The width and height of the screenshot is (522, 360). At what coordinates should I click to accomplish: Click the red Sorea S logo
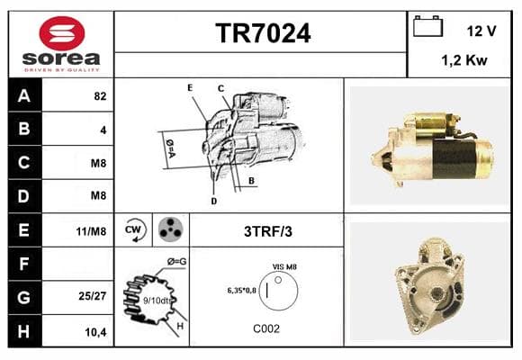(x=62, y=33)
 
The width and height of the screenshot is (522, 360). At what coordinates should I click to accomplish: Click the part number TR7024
(x=263, y=33)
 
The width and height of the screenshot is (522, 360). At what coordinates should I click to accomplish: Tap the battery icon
(x=427, y=26)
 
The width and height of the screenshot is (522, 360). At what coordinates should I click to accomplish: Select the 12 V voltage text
(x=481, y=31)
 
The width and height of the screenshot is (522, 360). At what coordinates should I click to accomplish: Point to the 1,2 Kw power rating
(x=464, y=60)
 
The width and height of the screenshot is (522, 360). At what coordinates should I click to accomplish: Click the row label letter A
(x=24, y=96)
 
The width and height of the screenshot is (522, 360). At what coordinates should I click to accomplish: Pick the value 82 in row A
(x=100, y=96)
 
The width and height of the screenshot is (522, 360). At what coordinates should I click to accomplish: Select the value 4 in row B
(x=103, y=130)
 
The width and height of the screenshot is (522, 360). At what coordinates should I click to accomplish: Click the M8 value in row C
(x=98, y=163)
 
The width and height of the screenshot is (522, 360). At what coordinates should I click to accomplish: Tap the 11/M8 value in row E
(x=91, y=231)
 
